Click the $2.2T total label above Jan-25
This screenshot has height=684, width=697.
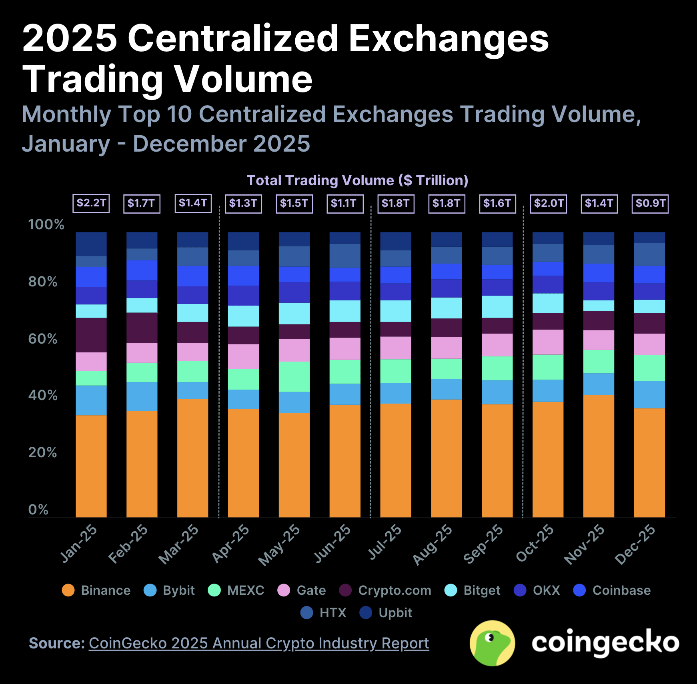click(x=91, y=203)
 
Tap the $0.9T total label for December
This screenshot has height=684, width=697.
click(x=650, y=203)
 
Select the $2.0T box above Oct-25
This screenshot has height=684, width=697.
click(x=549, y=203)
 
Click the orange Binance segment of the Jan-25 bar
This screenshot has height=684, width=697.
click(x=91, y=466)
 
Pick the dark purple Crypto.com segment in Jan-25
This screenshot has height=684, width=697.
click(x=91, y=335)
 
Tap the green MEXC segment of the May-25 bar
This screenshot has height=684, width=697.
click(x=294, y=376)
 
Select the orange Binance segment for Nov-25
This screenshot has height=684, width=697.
click(x=599, y=456)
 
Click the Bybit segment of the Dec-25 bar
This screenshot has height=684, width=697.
click(x=649, y=394)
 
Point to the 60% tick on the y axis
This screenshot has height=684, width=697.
click(x=42, y=339)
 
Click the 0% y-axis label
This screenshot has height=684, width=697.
click(x=38, y=510)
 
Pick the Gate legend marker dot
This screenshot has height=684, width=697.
click(x=284, y=590)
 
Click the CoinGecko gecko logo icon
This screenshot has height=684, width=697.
click(x=492, y=643)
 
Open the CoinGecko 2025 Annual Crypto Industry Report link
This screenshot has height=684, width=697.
click(x=258, y=643)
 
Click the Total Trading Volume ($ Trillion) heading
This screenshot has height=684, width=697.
click(x=357, y=180)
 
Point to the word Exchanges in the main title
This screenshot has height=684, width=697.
click(x=449, y=38)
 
